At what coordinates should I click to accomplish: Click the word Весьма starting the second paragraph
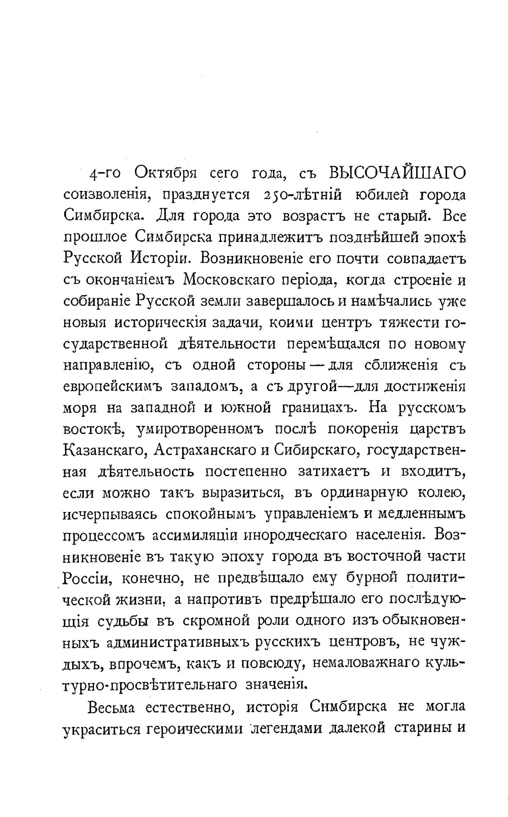pyautogui.click(x=114, y=706)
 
